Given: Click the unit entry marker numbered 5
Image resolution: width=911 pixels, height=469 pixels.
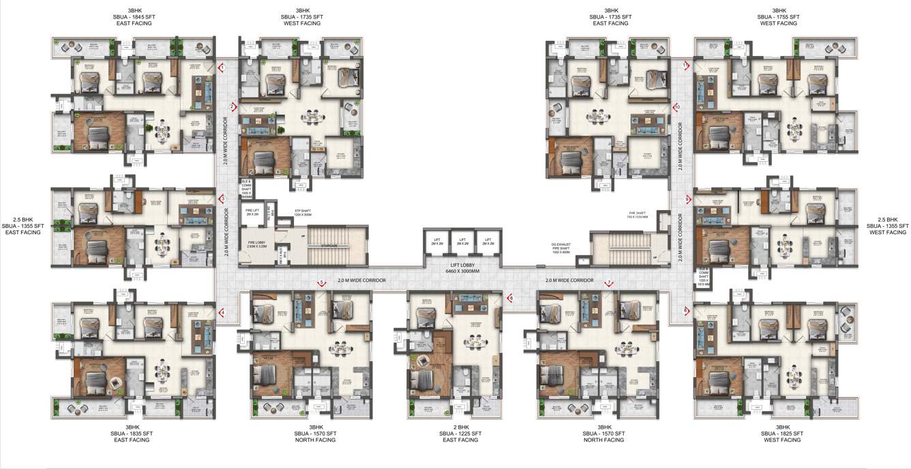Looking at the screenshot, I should (x=322, y=283).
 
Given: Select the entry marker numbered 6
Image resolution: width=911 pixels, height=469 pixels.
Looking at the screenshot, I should (x=510, y=297).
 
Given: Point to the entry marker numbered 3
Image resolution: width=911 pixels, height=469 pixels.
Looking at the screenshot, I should (x=222, y=199).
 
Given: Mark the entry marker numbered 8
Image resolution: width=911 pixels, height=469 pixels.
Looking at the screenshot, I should (x=686, y=311).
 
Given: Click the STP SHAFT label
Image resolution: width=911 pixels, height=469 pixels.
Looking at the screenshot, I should (x=303, y=212).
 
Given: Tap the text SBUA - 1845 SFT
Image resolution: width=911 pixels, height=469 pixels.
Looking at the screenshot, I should (x=134, y=17).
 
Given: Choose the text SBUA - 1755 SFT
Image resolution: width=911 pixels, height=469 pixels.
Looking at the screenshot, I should (x=778, y=17).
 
